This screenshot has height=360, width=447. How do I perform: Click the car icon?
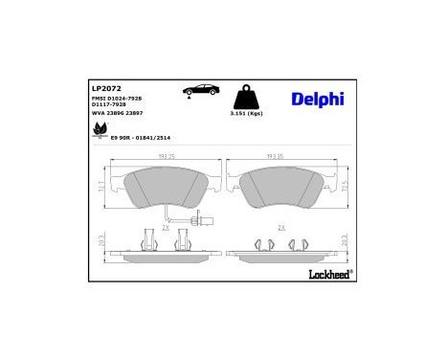pos(200,89)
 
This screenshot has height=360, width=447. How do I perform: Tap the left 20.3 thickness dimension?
pos(101,242)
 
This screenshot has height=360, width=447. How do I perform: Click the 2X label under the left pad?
pos(165,228)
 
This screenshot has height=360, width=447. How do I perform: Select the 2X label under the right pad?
pos(280,228)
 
